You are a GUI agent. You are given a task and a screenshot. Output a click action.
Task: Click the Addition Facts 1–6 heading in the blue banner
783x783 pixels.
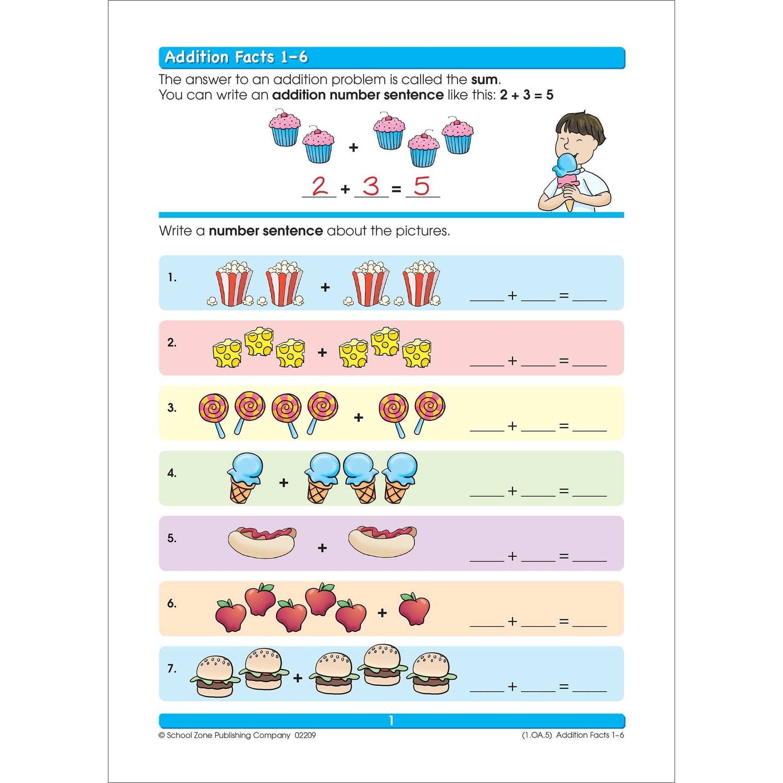236,57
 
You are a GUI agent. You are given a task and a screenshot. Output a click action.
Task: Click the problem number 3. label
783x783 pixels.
172,408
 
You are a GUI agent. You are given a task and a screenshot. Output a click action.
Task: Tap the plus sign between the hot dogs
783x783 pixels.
322,548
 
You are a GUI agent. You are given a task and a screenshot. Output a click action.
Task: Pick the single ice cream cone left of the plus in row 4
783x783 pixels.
244,478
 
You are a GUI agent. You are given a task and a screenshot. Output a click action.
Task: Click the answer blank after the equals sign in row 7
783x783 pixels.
590,691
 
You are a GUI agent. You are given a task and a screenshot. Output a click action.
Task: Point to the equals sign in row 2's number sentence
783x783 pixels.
564,361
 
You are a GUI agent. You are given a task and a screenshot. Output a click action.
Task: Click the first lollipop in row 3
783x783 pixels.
214,415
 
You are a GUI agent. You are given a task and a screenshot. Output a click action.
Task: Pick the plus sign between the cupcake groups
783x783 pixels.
353,147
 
